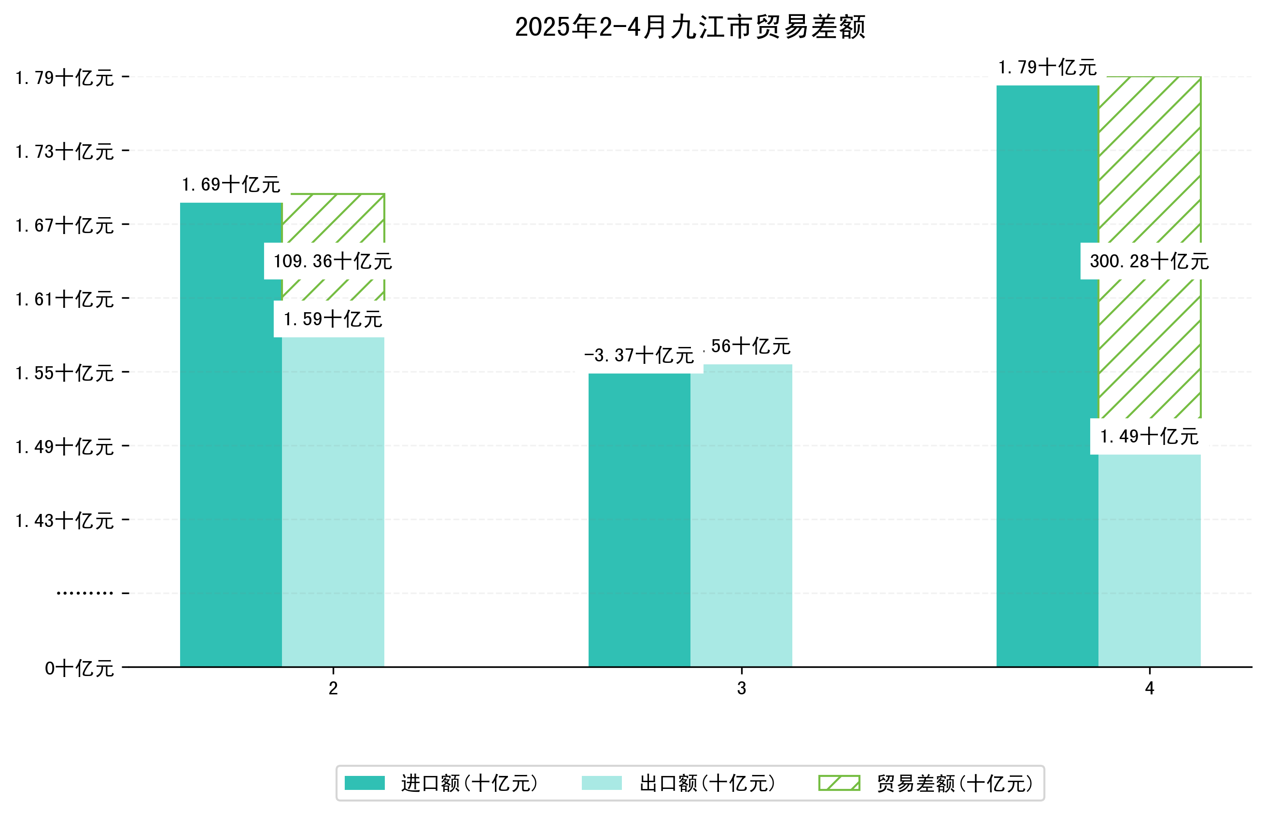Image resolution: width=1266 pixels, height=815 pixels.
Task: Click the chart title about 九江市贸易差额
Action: click(x=689, y=27)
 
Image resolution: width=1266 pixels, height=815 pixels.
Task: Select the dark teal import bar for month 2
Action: click(x=231, y=434)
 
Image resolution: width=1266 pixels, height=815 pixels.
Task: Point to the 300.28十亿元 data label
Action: click(x=1149, y=262)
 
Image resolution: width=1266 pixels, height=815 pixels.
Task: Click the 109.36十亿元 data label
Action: click(x=333, y=262)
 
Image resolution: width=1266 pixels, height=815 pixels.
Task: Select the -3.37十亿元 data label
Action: click(x=639, y=355)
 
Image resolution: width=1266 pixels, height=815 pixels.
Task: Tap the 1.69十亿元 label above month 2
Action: click(x=231, y=185)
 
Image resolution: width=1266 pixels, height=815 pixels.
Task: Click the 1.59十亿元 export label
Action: click(x=333, y=319)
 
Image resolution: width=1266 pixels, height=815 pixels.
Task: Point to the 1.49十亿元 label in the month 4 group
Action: click(x=1149, y=437)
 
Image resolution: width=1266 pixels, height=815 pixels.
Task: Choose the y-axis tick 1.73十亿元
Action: click(x=65, y=152)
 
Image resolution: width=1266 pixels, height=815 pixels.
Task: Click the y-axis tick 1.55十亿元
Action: click(x=65, y=373)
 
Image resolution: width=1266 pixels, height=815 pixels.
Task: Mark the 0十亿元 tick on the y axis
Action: click(x=79, y=668)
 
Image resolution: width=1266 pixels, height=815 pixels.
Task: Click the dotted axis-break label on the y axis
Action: click(x=84, y=593)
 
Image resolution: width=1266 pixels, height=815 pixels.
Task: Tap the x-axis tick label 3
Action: click(x=741, y=689)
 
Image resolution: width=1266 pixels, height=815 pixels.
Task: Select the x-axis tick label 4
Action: click(x=1149, y=689)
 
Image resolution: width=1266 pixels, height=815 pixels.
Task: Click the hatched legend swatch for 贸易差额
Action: click(x=839, y=783)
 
